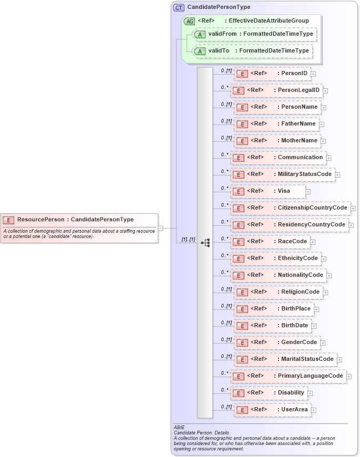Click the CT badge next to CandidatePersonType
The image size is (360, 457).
point(179,7)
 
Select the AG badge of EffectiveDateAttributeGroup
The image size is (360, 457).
point(189,21)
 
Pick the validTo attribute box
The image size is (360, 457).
point(253,51)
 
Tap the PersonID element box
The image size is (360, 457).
point(272,74)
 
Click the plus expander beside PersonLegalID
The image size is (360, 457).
point(325,90)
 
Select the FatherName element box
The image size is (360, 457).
point(276,124)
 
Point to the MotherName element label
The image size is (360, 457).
point(299,141)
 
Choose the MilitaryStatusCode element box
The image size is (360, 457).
point(283,174)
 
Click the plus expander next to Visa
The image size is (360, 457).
point(308,192)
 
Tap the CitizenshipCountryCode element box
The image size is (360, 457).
point(291,208)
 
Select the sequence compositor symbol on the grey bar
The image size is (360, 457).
point(205,243)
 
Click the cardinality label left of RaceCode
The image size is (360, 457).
point(225,238)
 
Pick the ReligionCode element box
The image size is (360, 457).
point(278,292)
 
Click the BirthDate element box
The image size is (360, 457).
point(272,326)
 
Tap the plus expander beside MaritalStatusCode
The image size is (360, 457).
point(340,360)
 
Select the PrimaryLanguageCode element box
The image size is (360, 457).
point(289,376)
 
